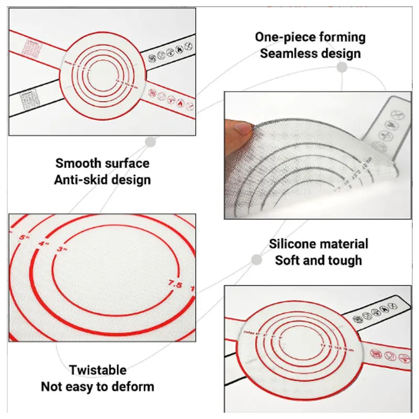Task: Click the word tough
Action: coord(343,260)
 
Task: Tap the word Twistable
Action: coord(98,370)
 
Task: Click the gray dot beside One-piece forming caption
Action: coord(342,68)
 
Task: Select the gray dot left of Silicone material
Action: coord(257,259)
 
